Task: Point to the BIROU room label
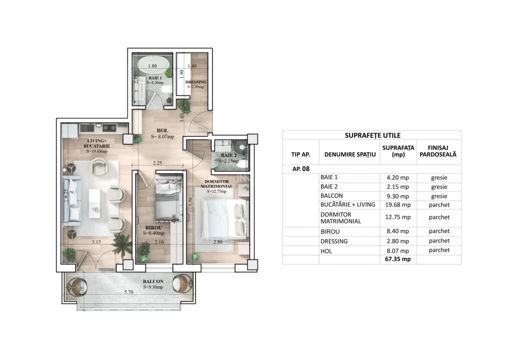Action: point(153,230)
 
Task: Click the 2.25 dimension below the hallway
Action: point(157,162)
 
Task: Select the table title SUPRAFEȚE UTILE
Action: point(372,135)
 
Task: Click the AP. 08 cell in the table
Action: point(301,169)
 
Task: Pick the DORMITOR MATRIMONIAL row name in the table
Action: point(340,217)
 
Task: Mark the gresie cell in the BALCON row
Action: point(439,196)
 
